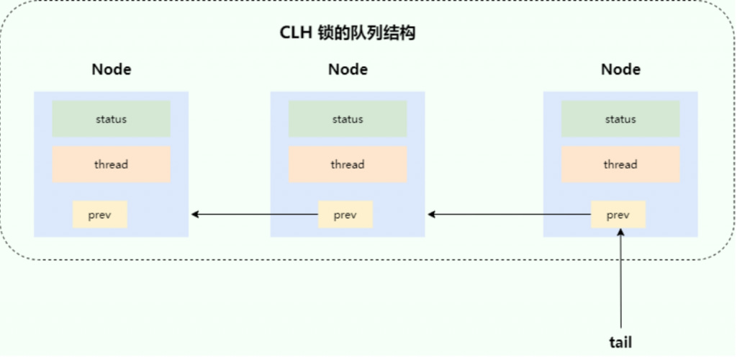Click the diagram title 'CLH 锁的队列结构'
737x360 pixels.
(348, 33)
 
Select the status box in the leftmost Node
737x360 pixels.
(111, 119)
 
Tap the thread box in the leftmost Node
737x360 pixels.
(111, 164)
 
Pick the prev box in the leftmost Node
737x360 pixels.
(100, 215)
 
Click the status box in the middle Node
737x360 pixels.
(348, 119)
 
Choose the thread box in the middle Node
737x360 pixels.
(348, 164)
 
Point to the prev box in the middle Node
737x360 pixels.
(345, 215)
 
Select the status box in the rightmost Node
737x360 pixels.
(620, 119)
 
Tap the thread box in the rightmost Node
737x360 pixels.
(620, 164)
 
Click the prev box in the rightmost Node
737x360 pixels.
(618, 215)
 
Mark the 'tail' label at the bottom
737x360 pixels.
(620, 342)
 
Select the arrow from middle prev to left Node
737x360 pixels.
(256, 215)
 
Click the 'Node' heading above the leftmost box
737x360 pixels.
(112, 70)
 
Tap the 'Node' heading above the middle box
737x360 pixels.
(348, 70)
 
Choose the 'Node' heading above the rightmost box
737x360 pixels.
(620, 70)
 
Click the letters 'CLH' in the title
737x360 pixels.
(294, 33)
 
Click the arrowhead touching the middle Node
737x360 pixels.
(431, 215)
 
